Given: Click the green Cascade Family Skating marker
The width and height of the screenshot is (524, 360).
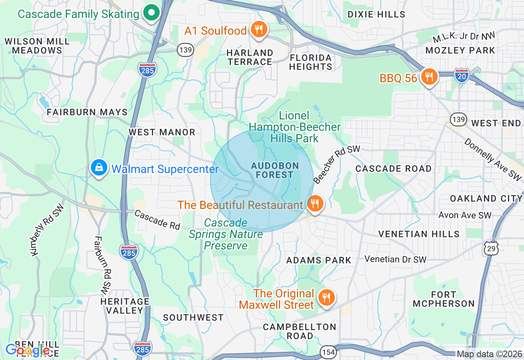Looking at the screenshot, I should pos(152,13).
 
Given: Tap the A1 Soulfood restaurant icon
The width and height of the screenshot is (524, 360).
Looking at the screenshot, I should pos(258,30).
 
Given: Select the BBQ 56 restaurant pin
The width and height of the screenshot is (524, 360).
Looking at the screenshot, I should pos(429,77).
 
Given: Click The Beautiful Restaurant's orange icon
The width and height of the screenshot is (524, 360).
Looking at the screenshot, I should pos(314,203).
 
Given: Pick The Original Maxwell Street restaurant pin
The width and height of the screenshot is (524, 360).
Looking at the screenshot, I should pos(326,298).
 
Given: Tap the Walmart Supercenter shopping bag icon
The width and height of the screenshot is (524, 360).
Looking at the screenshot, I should pos(99,168).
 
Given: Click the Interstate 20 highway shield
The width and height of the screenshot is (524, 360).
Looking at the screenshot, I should pos(461,76).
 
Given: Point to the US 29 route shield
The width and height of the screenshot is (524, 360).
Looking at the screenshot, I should pos(490,248).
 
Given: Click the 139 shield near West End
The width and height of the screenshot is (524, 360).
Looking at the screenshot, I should pos(458,119).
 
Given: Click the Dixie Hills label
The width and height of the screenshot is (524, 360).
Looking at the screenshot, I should pos(376,14).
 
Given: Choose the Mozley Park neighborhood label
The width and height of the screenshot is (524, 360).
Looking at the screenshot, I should pos(460,50).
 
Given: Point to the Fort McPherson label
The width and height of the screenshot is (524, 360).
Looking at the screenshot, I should pos(443,299).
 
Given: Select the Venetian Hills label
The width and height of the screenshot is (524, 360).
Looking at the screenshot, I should pos(419,234).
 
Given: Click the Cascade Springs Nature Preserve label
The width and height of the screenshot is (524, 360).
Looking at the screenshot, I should pos(226,234).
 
